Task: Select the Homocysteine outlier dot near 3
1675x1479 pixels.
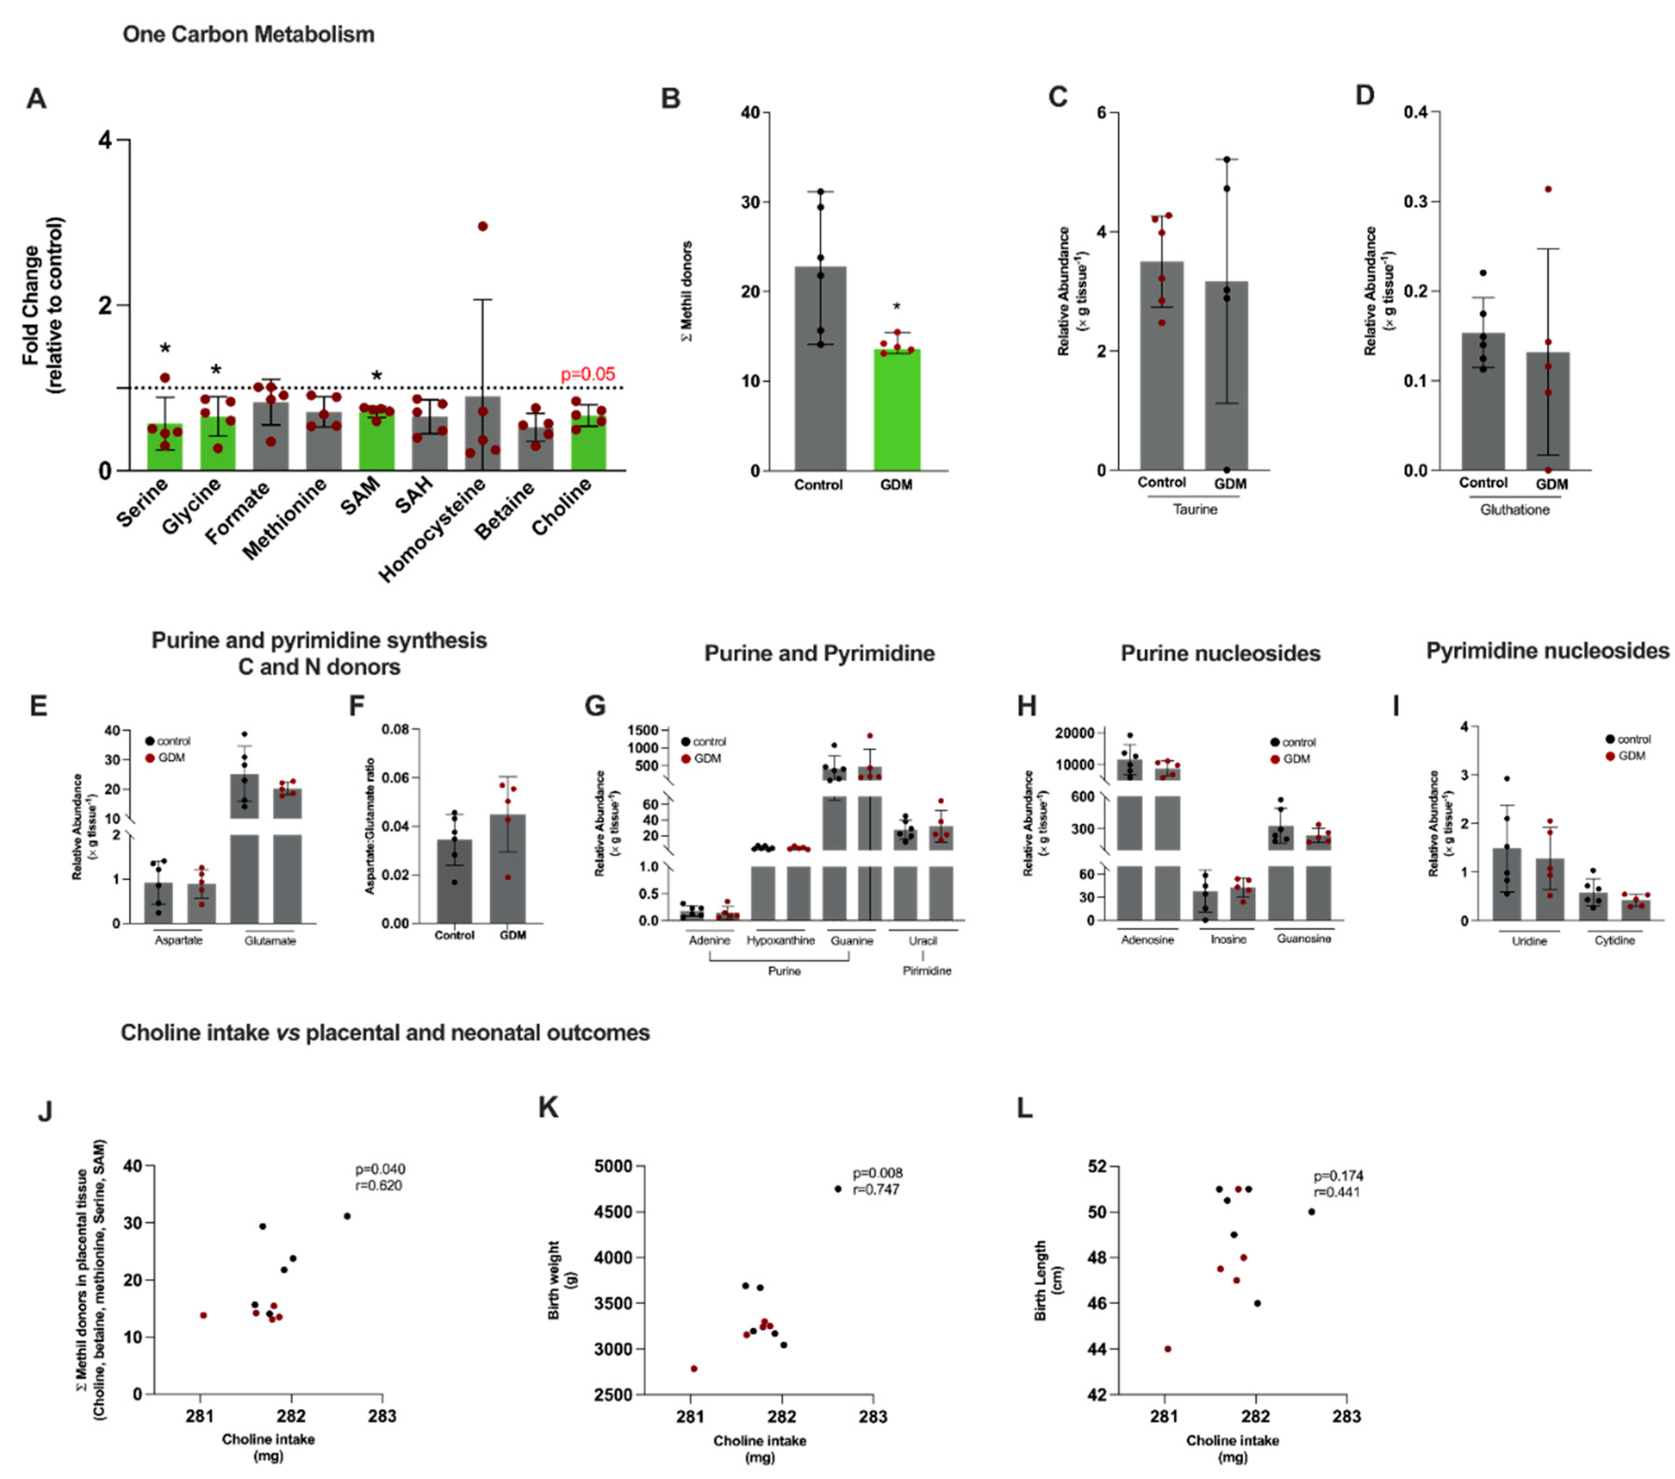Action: click(482, 226)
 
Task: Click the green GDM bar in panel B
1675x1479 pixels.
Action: click(897, 410)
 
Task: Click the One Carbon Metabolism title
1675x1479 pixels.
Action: click(248, 35)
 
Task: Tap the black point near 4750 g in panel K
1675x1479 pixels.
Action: click(838, 1189)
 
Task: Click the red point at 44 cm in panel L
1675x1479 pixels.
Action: click(1168, 1349)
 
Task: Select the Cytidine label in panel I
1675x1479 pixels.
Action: click(1614, 940)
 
